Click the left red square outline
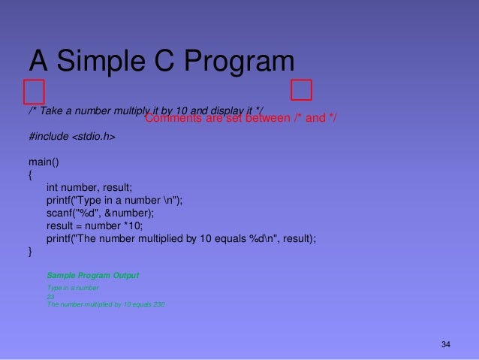coord(34,92)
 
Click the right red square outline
coord(302,89)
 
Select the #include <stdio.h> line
coord(72,138)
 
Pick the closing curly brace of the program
coord(31,252)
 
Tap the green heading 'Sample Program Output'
coord(92,275)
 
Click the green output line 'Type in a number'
coord(73,288)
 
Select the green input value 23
coord(50,296)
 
